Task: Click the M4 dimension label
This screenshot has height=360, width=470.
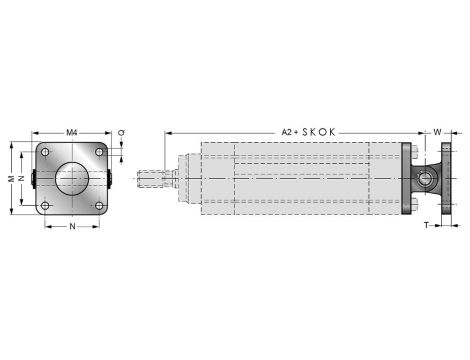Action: [x=71, y=132]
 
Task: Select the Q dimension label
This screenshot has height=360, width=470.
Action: [x=121, y=132]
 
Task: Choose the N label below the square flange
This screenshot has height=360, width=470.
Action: [x=71, y=227]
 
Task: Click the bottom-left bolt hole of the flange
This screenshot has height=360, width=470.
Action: [x=46, y=206]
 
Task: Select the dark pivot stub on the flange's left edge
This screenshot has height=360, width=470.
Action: [x=33, y=180]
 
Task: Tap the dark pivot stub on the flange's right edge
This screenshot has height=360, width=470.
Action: [x=110, y=180]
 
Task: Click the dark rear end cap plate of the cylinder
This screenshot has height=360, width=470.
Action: [x=405, y=180]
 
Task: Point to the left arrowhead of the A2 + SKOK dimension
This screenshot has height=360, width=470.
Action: [x=168, y=132]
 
